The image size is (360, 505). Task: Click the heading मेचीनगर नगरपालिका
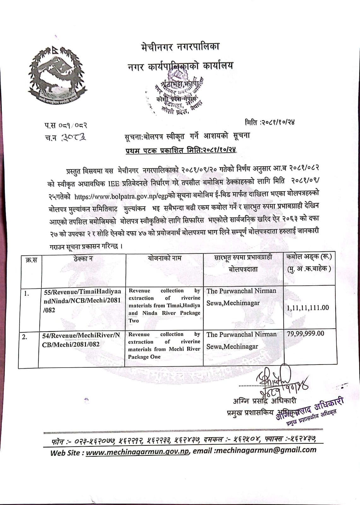click(x=180, y=47)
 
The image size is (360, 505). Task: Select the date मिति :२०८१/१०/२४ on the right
click(x=270, y=122)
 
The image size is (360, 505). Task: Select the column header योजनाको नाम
click(x=164, y=258)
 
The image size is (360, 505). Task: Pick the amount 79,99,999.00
click(x=305, y=334)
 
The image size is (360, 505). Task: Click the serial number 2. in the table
click(x=24, y=337)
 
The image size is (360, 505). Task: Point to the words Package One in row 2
click(x=144, y=357)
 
